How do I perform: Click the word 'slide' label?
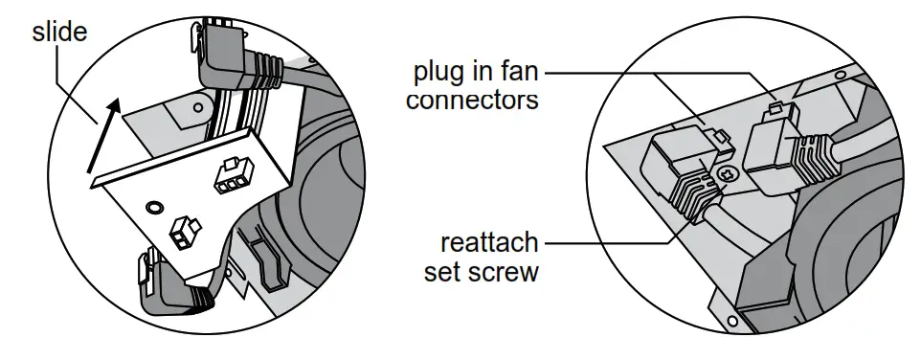click(59, 32)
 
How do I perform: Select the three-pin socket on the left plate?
click(233, 178)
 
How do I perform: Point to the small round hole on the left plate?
click(151, 205)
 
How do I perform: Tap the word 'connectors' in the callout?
click(472, 99)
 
